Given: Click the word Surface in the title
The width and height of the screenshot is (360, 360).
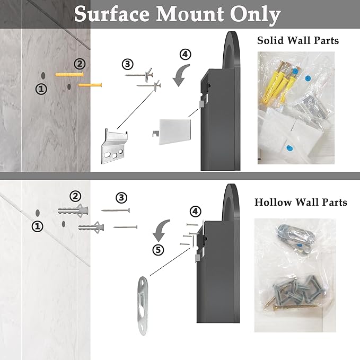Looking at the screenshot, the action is tap(112, 14).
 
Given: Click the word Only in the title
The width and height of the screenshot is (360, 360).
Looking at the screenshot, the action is tap(256, 15).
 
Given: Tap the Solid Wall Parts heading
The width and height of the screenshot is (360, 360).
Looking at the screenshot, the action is tap(298, 40).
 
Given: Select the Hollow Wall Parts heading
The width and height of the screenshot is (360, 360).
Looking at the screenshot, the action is tap(301, 203).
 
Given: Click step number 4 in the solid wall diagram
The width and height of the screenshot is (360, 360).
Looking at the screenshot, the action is tap(185, 55).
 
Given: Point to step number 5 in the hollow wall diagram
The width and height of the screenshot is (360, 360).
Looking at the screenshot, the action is tap(158, 250).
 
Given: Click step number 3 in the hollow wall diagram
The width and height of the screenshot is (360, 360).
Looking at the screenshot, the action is tap(121, 198).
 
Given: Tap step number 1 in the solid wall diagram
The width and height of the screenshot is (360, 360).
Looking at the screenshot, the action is tap(41, 89).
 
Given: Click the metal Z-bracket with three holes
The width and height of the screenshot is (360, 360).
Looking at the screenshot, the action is tap(115, 146).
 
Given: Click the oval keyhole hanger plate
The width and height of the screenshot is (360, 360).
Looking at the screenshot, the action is tap(144, 305).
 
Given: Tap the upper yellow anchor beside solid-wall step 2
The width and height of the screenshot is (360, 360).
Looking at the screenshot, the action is tap(69, 74).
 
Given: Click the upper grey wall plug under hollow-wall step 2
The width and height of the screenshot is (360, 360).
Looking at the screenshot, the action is tap(73, 210).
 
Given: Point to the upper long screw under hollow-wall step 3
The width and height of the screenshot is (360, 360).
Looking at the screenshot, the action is tap(116, 210).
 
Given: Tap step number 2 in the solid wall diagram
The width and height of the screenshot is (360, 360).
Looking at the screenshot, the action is tap(80, 64).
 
